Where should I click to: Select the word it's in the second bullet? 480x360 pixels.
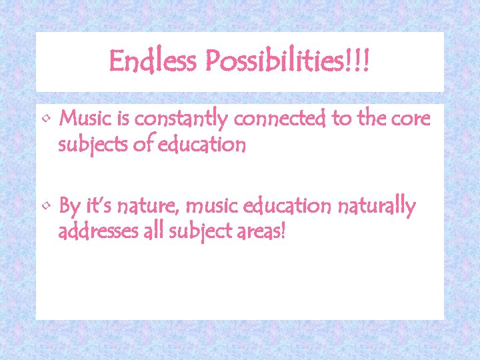click(x=98, y=207)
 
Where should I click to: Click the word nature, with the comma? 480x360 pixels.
click(x=147, y=207)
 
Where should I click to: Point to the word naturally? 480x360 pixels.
click(x=377, y=207)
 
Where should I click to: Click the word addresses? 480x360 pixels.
click(x=102, y=233)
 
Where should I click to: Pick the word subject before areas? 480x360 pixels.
click(x=203, y=233)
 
